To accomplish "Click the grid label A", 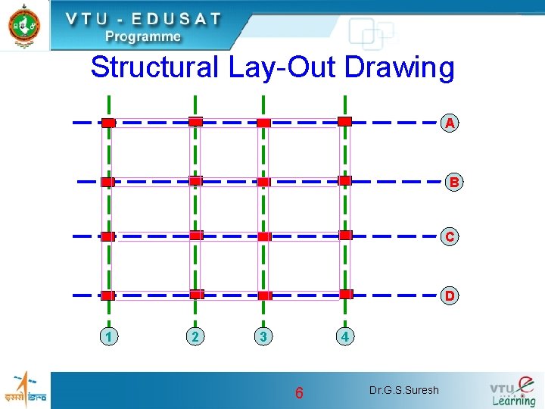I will pyautogui.click(x=450, y=123).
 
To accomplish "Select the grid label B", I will pyautogui.click(x=453, y=183).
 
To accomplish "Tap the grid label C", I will pyautogui.click(x=450, y=237).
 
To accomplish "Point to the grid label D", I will pyautogui.click(x=450, y=295).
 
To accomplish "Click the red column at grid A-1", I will pyautogui.click(x=108, y=123).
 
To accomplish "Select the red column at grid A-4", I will pyautogui.click(x=344, y=121).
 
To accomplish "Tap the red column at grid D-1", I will pyautogui.click(x=108, y=295).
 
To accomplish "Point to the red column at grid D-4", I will pyautogui.click(x=346, y=294).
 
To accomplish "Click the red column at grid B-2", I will pyautogui.click(x=195, y=181).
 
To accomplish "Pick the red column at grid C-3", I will pyautogui.click(x=263, y=236).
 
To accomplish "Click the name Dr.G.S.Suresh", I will pyautogui.click(x=403, y=391).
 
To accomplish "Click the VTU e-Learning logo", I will pyautogui.click(x=512, y=391).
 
